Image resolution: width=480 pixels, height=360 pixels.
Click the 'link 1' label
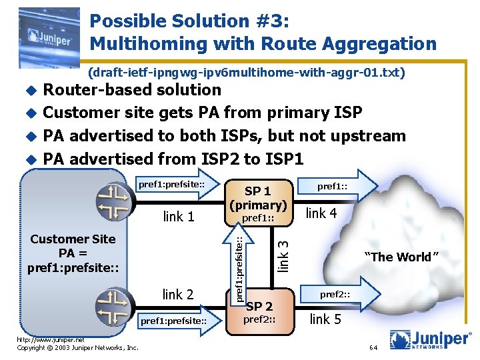pyautogui.click(x=178, y=217)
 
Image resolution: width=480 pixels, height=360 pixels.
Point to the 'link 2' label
pyautogui.click(x=178, y=294)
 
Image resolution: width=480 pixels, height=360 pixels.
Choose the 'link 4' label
pyautogui.click(x=321, y=213)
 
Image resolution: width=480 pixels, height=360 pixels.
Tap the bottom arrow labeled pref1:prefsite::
pyautogui.click(x=175, y=321)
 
